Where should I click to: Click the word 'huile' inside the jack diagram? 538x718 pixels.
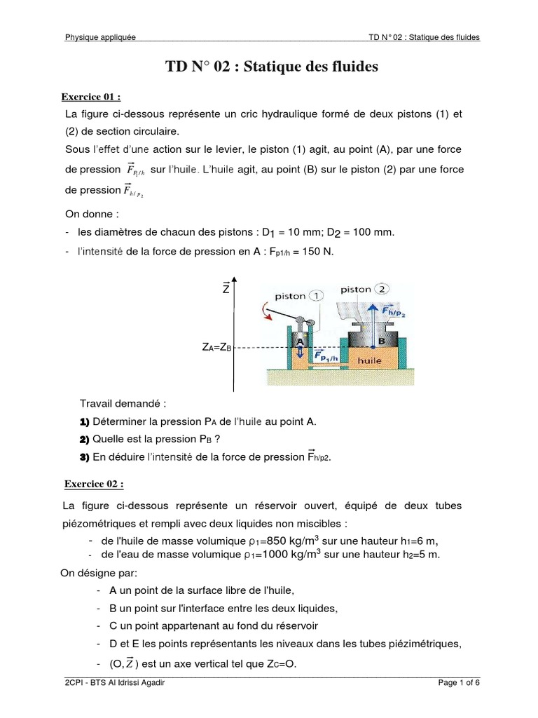368,360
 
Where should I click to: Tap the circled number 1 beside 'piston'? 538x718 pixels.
319,296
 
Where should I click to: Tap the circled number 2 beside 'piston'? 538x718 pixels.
382,289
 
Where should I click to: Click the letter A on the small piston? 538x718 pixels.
299,340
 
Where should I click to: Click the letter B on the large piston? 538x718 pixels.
382,340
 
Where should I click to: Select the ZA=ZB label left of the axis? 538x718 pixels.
216,348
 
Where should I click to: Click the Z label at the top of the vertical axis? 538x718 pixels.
226,288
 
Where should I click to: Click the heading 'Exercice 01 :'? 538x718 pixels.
92,97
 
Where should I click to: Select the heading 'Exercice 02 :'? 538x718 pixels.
94,484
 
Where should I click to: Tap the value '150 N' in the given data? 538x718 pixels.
315,252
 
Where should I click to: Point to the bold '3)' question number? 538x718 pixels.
85,457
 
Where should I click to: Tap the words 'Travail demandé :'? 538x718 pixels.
123,404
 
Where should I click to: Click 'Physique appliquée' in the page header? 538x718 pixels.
100,37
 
